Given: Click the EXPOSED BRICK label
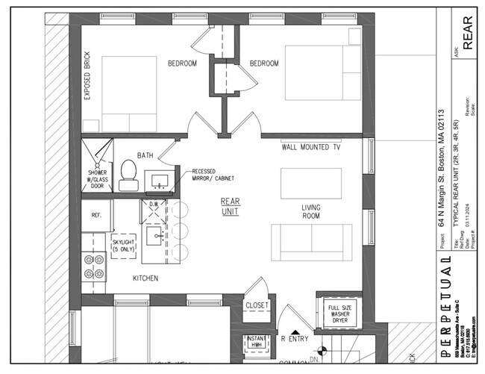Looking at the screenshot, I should tap(87, 89).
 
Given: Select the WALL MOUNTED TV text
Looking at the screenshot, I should tap(310, 147).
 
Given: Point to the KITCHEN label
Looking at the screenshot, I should tap(145, 278).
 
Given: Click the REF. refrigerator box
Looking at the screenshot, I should tap(96, 215).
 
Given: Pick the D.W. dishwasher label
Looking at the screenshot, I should tap(154, 204).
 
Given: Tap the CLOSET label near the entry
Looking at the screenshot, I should tap(257, 305).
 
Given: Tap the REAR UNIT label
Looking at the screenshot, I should tap(229, 207).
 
